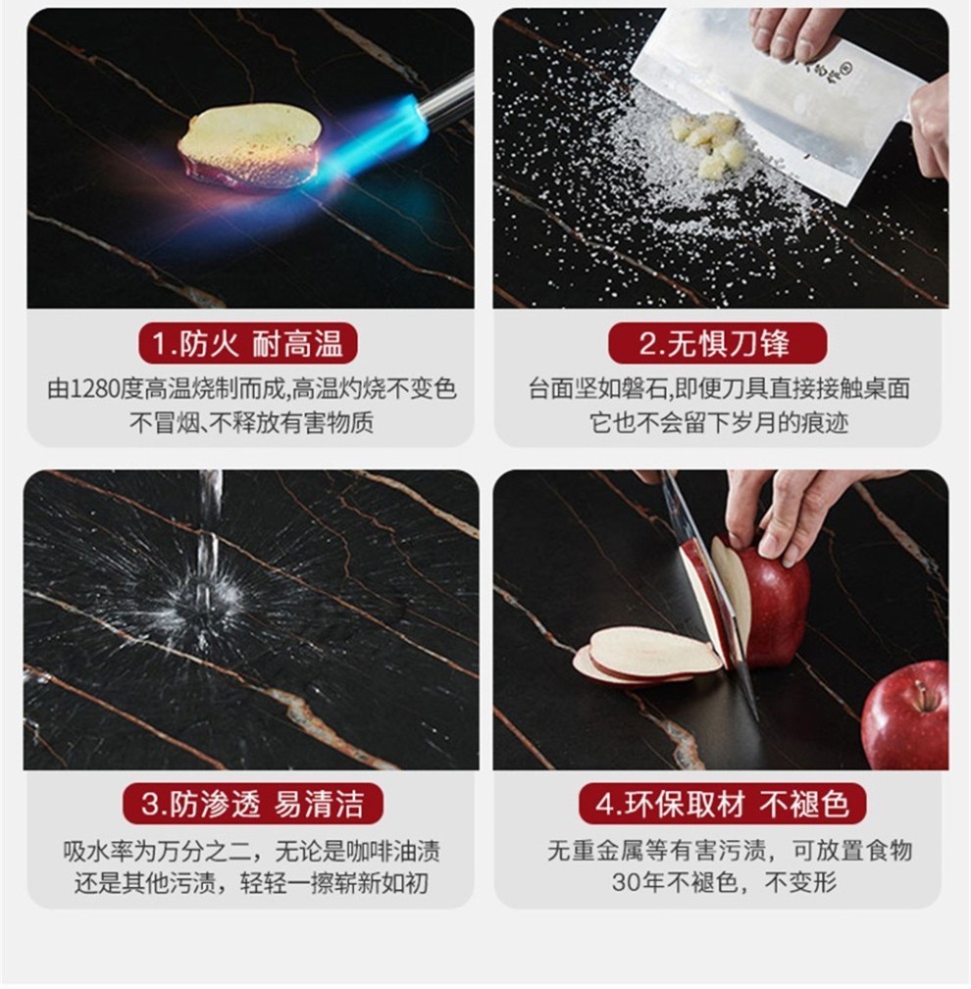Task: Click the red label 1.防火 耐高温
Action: click(x=248, y=344)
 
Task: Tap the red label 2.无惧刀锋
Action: click(x=717, y=344)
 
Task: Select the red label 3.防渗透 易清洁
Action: click(x=252, y=804)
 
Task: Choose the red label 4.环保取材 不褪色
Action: click(x=722, y=804)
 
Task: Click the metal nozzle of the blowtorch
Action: click(x=445, y=100)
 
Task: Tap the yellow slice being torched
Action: click(x=249, y=146)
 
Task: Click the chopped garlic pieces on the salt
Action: click(x=707, y=145)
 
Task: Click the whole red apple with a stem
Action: click(x=905, y=715)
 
